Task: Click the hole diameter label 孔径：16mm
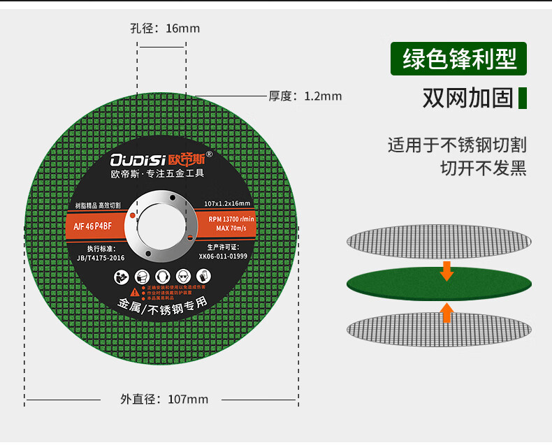(x=165, y=29)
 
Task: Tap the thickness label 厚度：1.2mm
(x=305, y=96)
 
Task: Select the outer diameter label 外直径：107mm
(x=164, y=399)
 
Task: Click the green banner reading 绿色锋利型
(x=458, y=59)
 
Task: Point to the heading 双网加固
(x=467, y=98)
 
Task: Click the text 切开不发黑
(x=483, y=168)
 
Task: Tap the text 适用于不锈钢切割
(x=457, y=145)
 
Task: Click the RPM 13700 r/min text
(x=231, y=219)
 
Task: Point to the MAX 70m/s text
(x=233, y=228)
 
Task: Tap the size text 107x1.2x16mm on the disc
(x=227, y=203)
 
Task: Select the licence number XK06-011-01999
(x=223, y=256)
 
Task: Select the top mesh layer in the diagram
(x=439, y=240)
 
